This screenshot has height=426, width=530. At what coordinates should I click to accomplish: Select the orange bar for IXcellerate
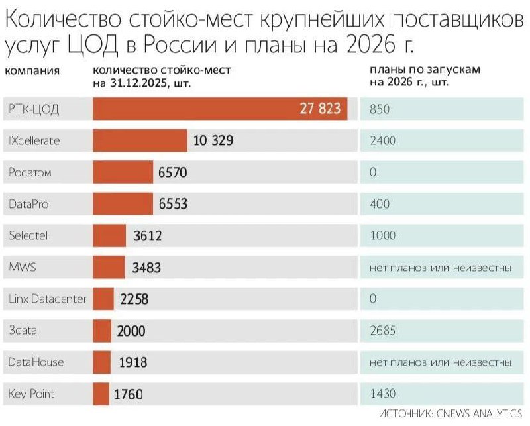(140, 141)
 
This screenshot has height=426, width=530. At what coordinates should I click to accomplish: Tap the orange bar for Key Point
(101, 394)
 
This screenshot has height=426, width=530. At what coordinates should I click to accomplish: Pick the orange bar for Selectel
(109, 236)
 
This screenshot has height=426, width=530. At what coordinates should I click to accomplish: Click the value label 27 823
(321, 109)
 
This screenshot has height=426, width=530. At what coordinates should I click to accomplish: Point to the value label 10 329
(213, 141)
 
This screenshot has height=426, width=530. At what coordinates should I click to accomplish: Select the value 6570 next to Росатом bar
(173, 173)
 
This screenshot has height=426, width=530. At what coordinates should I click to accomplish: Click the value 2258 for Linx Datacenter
(134, 299)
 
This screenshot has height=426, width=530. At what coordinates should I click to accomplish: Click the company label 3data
(23, 331)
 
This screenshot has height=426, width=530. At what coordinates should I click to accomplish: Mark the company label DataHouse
(36, 362)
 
